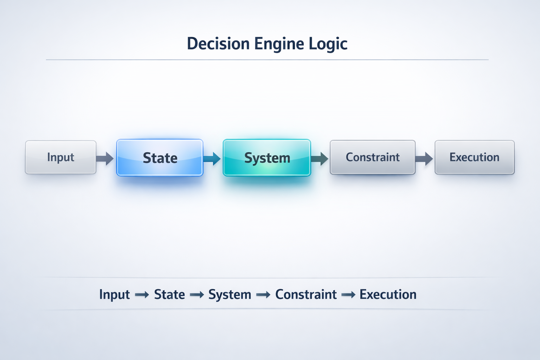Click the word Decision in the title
click(218, 44)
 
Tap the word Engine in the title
click(279, 44)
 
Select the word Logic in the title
click(328, 44)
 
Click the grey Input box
click(60, 157)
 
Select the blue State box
click(160, 158)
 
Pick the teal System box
click(267, 158)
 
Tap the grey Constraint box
click(372, 157)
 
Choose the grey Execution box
click(474, 157)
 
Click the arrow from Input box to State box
click(105, 159)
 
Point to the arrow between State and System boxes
click(212, 159)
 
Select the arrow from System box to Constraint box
click(320, 159)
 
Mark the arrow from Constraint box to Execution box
click(424, 159)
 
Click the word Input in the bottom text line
click(114, 295)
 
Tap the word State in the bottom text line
click(169, 295)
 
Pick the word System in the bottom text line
click(230, 295)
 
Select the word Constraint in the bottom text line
click(306, 295)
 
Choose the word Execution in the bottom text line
click(388, 295)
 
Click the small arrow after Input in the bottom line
click(142, 295)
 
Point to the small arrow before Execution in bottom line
click(348, 295)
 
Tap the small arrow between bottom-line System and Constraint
click(263, 295)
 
